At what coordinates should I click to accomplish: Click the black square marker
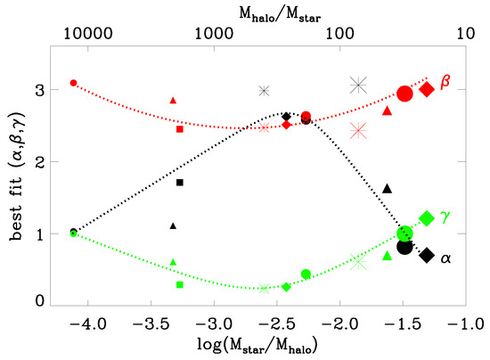click(180, 183)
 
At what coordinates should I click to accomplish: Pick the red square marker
click(180, 129)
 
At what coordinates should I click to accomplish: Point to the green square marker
click(180, 285)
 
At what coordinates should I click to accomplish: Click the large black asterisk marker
click(359, 85)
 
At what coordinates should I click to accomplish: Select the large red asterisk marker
click(359, 130)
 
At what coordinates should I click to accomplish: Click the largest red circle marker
click(404, 94)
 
